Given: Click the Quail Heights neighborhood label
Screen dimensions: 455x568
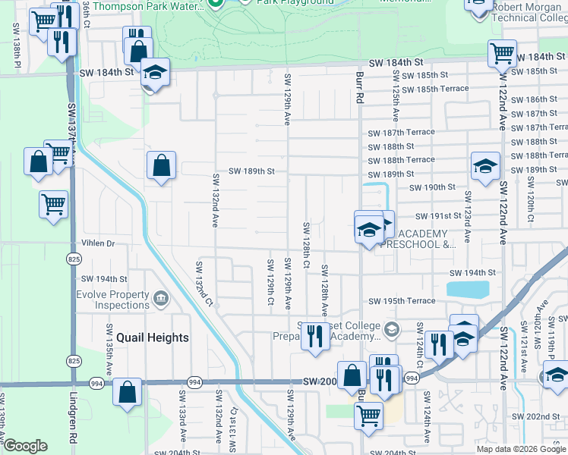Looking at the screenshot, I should (153, 337).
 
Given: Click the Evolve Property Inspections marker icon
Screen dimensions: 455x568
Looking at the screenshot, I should (160, 297).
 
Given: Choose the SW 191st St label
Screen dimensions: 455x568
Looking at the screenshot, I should (433, 216).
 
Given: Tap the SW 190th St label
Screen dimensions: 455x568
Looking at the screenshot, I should (431, 187).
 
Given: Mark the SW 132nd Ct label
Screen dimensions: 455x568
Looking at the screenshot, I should (203, 284).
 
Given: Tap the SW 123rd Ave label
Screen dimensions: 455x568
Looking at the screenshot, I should (468, 225).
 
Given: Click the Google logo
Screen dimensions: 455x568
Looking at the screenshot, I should (24, 446).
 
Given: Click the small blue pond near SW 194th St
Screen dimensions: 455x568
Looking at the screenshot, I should (468, 289).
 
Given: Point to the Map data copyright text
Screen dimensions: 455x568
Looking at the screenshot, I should (520, 449).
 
